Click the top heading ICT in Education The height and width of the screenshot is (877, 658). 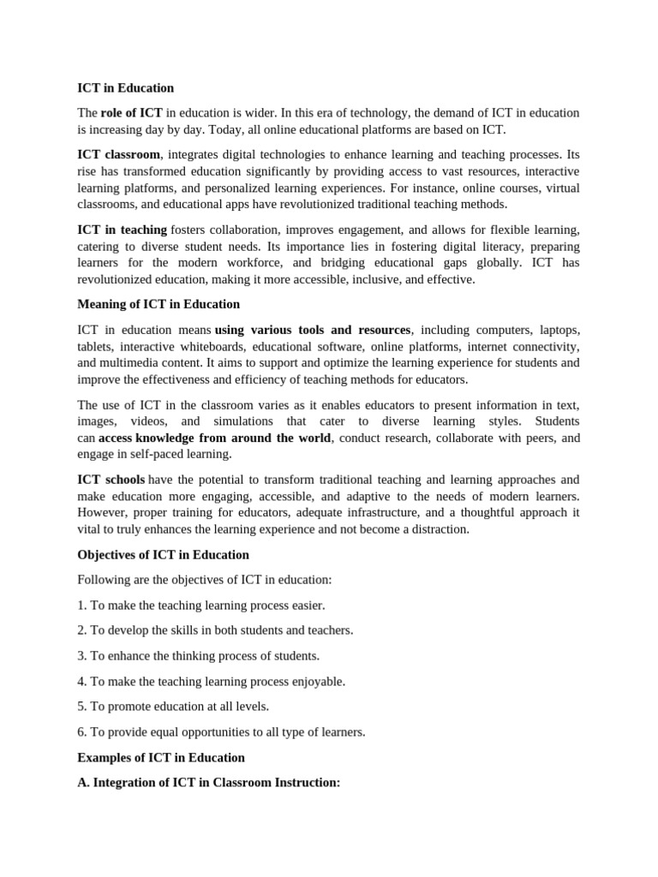click(125, 87)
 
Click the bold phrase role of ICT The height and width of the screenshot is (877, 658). click(131, 113)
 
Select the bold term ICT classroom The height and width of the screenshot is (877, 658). click(118, 155)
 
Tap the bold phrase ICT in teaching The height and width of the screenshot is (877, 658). click(122, 230)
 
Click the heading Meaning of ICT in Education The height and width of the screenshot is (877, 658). click(159, 304)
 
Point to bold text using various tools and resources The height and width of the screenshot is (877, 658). click(313, 330)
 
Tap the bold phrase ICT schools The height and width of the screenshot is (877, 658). click(111, 480)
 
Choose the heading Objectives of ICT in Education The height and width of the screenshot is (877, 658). click(163, 555)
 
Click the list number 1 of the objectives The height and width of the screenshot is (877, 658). click(81, 606)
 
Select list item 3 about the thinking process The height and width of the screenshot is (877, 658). click(199, 656)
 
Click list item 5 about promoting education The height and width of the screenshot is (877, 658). click(173, 707)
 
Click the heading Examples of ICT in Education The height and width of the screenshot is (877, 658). click(161, 758)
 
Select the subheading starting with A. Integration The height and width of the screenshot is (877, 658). click(209, 783)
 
